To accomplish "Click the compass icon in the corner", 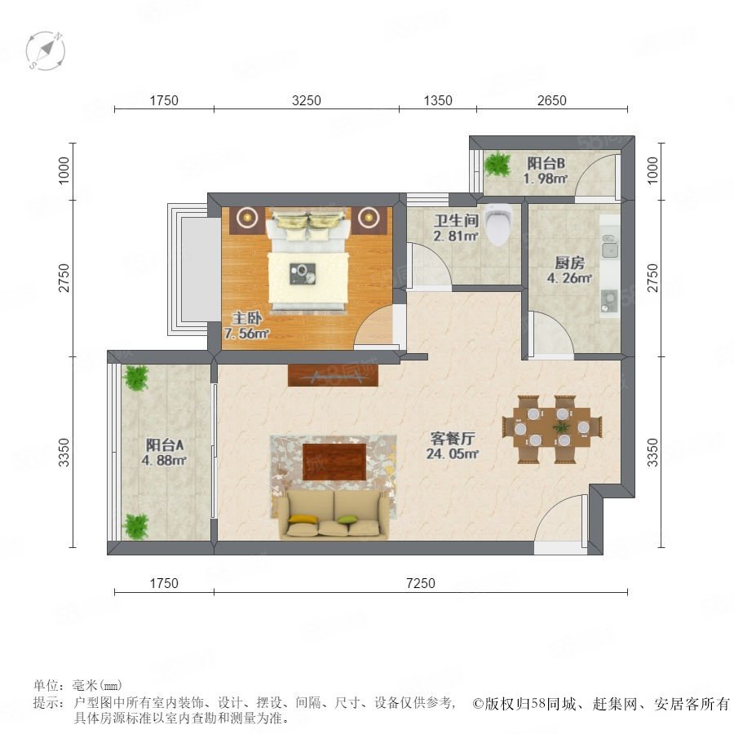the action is click(46, 51).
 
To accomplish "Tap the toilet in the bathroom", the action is click(499, 225).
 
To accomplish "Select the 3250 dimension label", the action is click(306, 100).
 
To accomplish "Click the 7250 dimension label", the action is click(420, 583).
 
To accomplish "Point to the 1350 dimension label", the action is click(438, 100).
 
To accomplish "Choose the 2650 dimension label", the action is click(551, 100).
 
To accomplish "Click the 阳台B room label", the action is click(546, 163).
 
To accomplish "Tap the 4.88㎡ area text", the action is click(164, 460).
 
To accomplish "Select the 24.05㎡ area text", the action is click(452, 453).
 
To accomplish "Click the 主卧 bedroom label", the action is click(247, 319).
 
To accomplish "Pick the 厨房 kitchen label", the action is click(570, 263).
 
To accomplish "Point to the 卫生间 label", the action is click(456, 220).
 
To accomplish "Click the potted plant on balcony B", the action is click(497, 164).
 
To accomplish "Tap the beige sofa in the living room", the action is click(334, 515).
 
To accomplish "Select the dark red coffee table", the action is click(334, 462).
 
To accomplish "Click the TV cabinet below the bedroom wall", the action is click(333, 375).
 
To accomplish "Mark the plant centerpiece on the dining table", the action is click(560, 427).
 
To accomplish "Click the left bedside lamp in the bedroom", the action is click(246, 216).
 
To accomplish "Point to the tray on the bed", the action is click(303, 274).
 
